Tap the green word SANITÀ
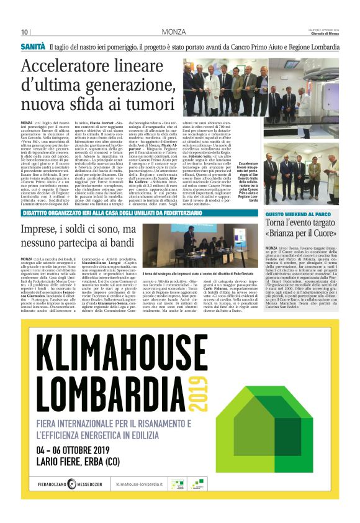click(33, 47)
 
